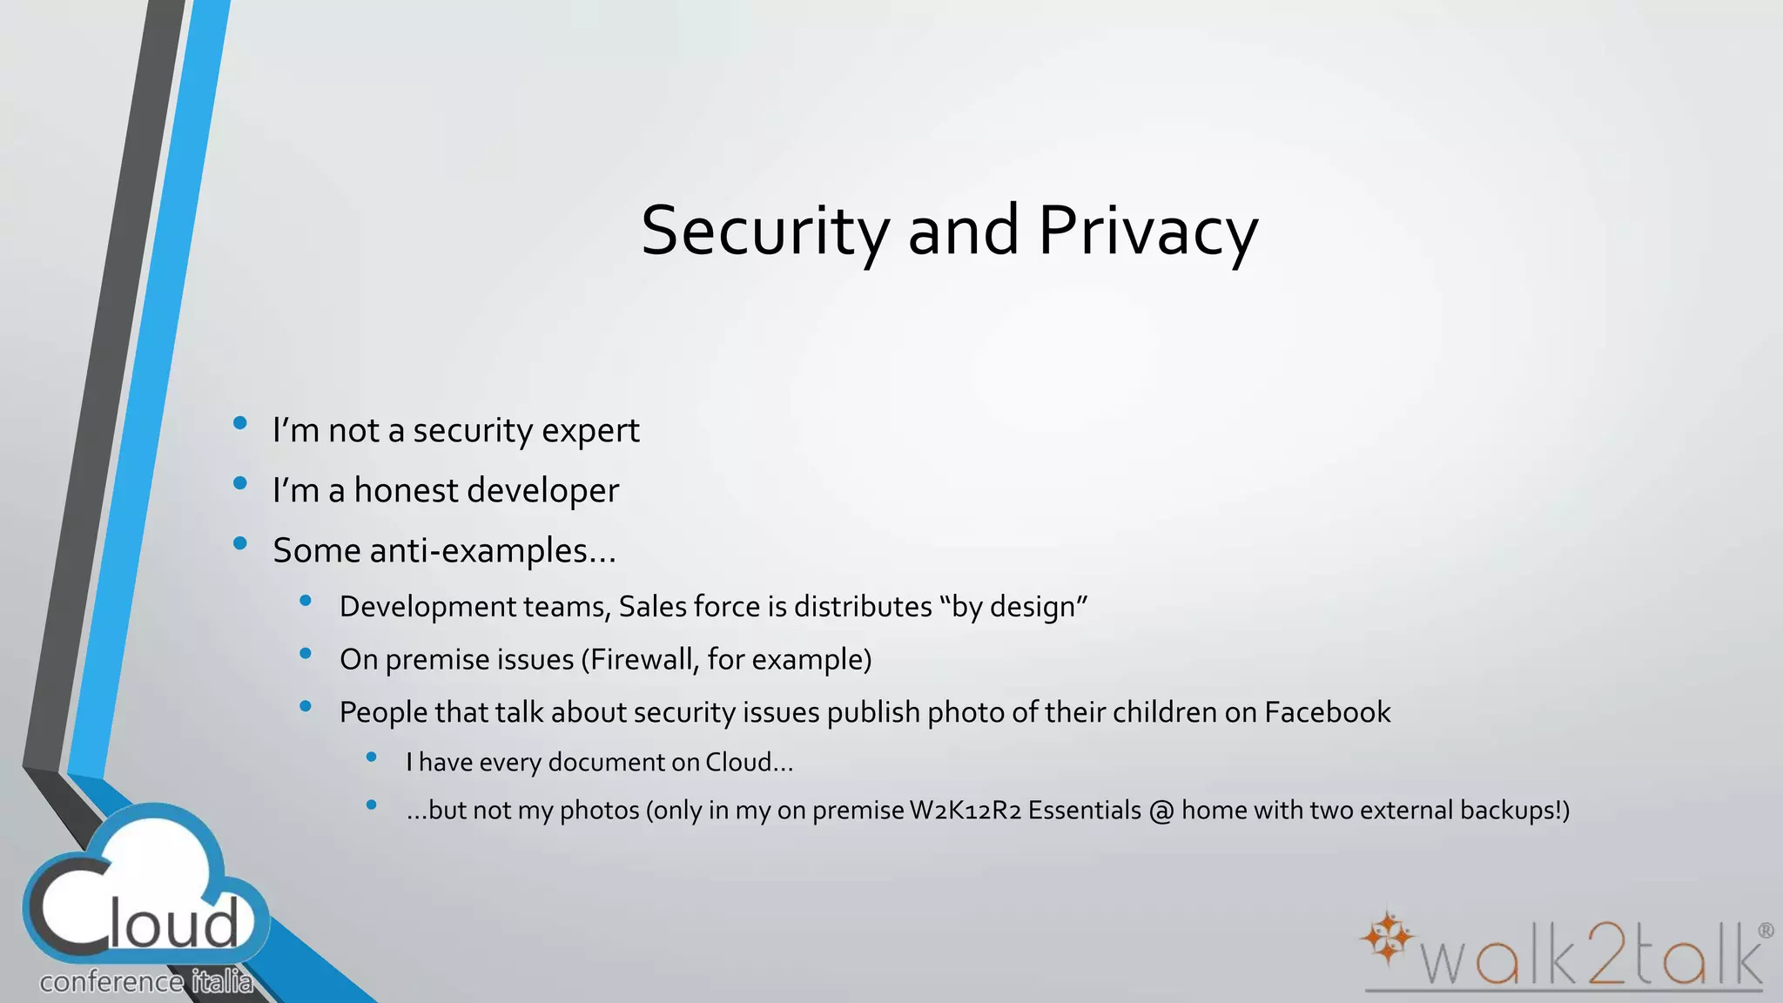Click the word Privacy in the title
(1147, 232)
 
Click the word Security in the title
(765, 232)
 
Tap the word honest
(405, 490)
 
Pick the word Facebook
(1327, 712)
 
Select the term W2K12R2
(965, 811)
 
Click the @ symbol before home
(1161, 811)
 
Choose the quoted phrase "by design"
(1014, 607)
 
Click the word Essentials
(1084, 811)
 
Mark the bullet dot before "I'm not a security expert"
(240, 424)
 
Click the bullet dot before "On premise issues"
(306, 654)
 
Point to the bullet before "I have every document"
(372, 757)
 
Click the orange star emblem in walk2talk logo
(1388, 938)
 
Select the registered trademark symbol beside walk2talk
(1766, 931)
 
